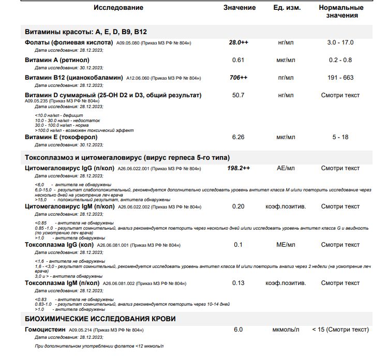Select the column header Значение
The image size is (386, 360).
(x=239, y=8)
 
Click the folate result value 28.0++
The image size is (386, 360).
(x=239, y=42)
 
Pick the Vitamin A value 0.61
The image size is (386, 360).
(x=238, y=60)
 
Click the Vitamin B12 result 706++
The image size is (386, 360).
(x=238, y=78)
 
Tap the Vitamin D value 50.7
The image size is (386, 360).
(x=238, y=96)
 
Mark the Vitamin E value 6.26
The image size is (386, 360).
(x=238, y=137)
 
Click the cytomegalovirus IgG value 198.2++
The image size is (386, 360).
(x=239, y=169)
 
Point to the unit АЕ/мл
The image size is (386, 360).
(x=286, y=169)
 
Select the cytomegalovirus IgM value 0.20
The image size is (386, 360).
(x=238, y=206)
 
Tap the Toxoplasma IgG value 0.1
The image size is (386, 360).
(x=238, y=245)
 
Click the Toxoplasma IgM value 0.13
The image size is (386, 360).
(x=238, y=283)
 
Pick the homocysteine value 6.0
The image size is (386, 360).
(x=238, y=329)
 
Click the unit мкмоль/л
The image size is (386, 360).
(x=286, y=329)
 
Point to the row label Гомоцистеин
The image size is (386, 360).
(x=46, y=329)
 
